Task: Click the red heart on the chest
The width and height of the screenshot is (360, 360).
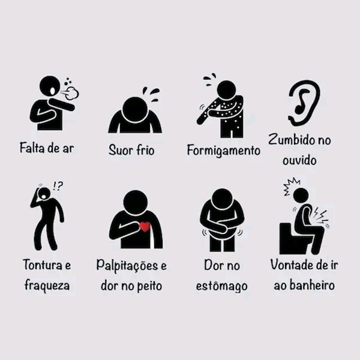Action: coord(144,227)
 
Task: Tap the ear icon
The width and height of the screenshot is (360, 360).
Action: coord(304,103)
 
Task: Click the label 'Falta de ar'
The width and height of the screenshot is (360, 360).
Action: coord(46,148)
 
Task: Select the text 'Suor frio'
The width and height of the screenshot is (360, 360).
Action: coord(131,149)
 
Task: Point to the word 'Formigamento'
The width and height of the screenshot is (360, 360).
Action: coord(223,150)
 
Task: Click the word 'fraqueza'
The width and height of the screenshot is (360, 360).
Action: coord(47,285)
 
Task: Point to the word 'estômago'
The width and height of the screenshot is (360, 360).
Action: coord(221,286)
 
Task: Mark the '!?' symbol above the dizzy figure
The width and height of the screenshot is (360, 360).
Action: coord(58,186)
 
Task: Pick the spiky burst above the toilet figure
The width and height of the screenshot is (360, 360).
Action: coord(291,185)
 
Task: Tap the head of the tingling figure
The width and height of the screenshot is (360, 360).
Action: coord(226,89)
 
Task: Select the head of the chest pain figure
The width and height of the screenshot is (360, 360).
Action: coord(135,202)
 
